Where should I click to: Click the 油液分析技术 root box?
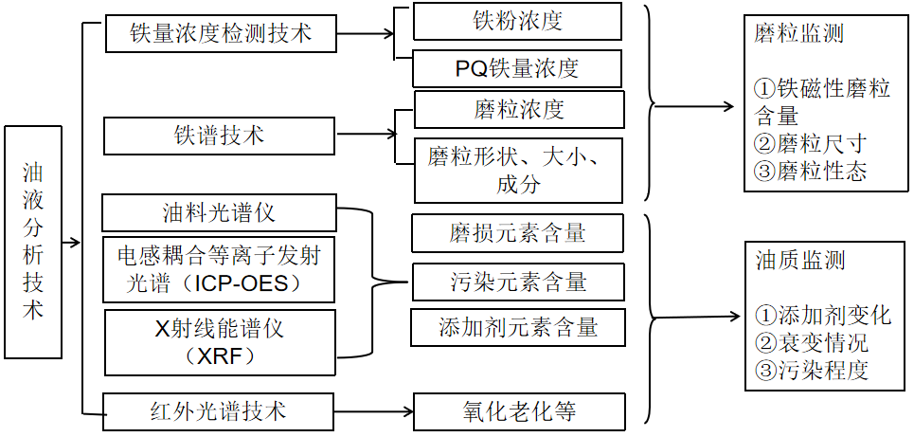pos(33,242)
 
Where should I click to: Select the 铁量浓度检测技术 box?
pos(220,35)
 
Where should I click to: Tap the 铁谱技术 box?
pos(219,136)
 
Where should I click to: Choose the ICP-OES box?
pos(219,269)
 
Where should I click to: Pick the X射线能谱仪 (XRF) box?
pos(219,342)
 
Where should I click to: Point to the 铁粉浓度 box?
pos(518,21)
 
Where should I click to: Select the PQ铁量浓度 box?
pos(518,68)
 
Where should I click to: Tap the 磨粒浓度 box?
pos(518,109)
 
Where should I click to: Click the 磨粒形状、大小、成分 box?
pos(518,169)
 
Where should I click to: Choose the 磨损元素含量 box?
pos(518,233)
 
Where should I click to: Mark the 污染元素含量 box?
pos(518,282)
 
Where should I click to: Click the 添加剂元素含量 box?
pos(518,327)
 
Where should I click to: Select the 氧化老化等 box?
pos(518,411)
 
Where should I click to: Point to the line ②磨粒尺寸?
pos(810,144)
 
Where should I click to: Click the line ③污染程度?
pos(812,370)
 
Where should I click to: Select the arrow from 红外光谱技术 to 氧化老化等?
pos(374,412)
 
